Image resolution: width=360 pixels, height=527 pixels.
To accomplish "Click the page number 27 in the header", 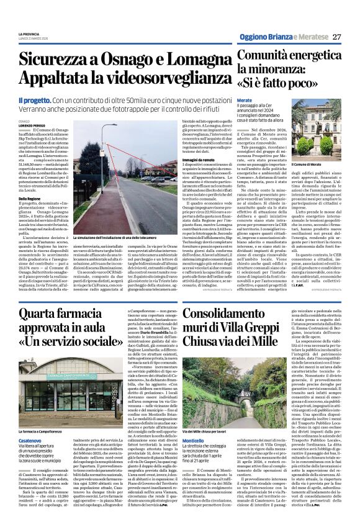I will point(337,37).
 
